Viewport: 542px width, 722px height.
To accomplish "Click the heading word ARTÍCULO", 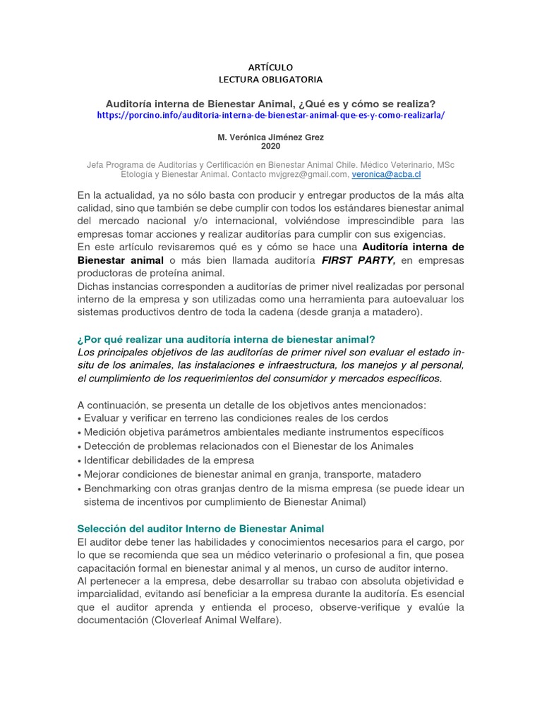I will (270, 66).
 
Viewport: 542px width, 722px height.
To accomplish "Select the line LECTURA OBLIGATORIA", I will (270, 79).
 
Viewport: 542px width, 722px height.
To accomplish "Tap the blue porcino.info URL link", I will (271, 115).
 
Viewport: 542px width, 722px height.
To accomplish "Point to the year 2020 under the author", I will (270, 146).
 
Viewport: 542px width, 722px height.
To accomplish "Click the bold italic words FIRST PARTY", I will (358, 260).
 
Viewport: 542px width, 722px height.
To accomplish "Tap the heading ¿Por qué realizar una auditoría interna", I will (230, 339).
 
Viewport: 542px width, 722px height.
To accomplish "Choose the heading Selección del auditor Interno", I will (200, 528).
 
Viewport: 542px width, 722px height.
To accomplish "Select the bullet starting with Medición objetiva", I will (263, 432).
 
